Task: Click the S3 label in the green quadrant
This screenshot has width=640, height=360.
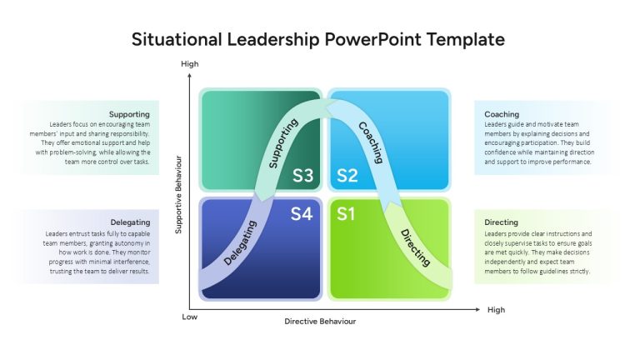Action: tap(302, 176)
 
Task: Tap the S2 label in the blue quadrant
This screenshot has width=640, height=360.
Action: tap(347, 176)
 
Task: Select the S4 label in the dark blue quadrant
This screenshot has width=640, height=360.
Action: tap(302, 214)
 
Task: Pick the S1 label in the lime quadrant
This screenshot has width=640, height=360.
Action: tap(346, 214)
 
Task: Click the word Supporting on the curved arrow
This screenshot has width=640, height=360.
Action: tap(283, 143)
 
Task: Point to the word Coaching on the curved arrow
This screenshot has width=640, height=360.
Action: tap(371, 142)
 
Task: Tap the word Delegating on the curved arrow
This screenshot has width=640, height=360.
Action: tap(240, 243)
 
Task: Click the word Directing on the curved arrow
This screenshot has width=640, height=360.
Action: tap(415, 247)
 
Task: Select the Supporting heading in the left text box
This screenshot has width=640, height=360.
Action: tap(129, 114)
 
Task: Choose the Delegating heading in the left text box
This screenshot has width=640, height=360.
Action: tap(130, 222)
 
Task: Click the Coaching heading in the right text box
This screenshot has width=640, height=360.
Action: tap(502, 114)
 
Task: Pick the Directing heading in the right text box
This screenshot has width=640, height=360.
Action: tap(501, 222)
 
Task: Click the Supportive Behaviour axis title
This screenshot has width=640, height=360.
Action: tap(178, 195)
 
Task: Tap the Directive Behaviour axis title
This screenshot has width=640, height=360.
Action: tap(320, 321)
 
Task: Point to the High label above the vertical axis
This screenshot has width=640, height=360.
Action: tap(190, 63)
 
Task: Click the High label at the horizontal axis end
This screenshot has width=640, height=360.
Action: tap(496, 310)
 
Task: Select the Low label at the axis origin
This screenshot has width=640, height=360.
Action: tap(189, 317)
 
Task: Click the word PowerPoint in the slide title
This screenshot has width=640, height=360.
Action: tap(372, 40)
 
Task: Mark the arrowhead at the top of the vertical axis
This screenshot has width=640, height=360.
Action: tap(189, 76)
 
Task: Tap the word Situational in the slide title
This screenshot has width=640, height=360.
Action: tap(177, 40)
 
